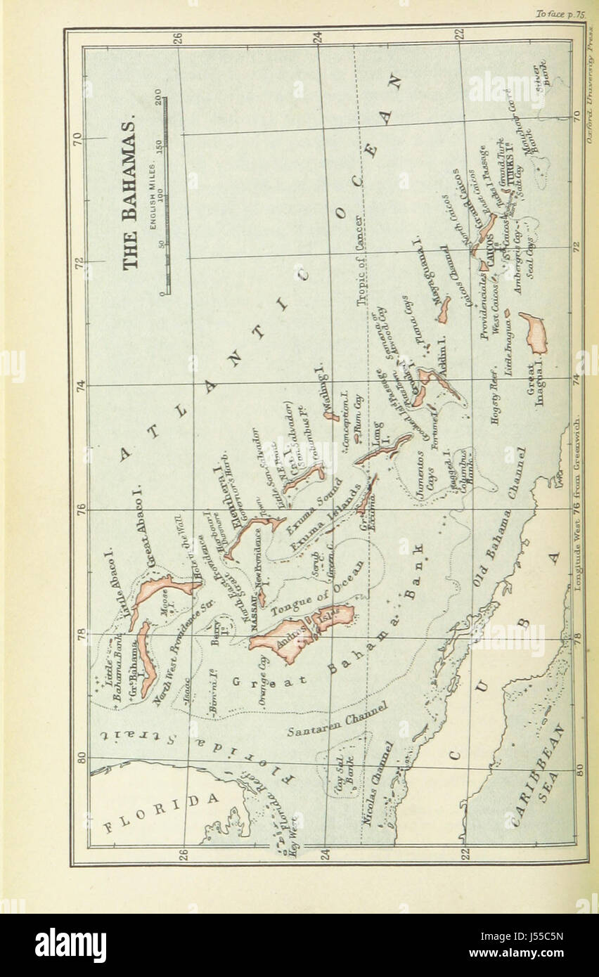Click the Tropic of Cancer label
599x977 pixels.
363,261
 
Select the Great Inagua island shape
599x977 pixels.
535,332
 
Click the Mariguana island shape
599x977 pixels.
444,309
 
